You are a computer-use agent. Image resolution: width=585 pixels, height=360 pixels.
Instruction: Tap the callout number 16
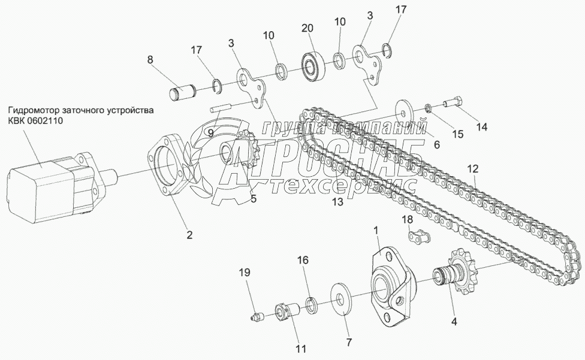(x=303, y=261)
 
